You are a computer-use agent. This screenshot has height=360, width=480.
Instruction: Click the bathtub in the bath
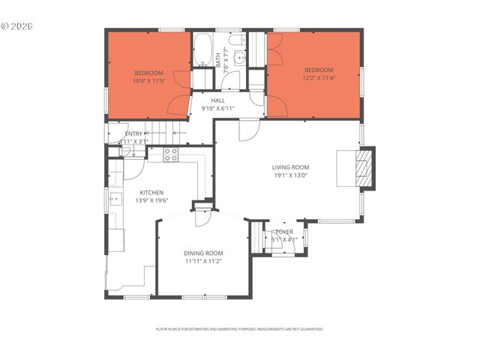pos(202,50)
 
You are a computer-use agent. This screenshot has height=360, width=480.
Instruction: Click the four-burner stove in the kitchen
pos(170,155)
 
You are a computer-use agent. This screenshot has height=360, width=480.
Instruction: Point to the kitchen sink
pos(116,199)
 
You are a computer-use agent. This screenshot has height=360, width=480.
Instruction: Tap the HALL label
pos(217,100)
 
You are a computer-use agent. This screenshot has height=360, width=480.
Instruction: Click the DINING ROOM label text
pos(203,253)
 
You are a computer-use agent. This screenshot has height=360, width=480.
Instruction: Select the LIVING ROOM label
pos(290,167)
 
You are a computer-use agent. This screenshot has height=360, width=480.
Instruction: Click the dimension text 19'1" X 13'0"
pos(290,175)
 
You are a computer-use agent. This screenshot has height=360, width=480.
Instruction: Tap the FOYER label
pos(284,232)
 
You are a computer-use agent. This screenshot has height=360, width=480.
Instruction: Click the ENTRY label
pos(133,133)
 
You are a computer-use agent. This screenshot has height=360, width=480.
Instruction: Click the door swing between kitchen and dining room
pos(201,217)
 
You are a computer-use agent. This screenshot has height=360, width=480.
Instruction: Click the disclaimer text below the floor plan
pos(239,328)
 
